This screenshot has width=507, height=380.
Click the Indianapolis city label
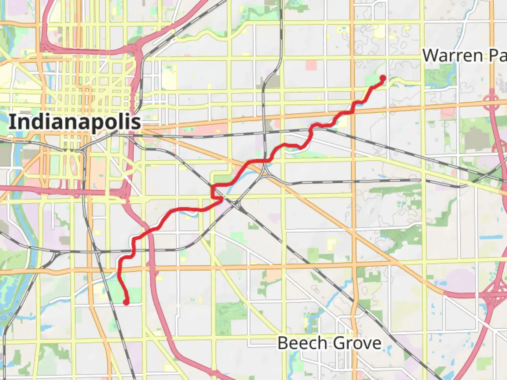coord(75,122)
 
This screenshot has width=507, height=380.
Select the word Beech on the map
coord(302,343)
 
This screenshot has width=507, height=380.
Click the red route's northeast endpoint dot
coord(383,78)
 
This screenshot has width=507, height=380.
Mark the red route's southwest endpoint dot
coord(126,302)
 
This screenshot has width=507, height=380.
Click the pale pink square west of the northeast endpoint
coord(311,65)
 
